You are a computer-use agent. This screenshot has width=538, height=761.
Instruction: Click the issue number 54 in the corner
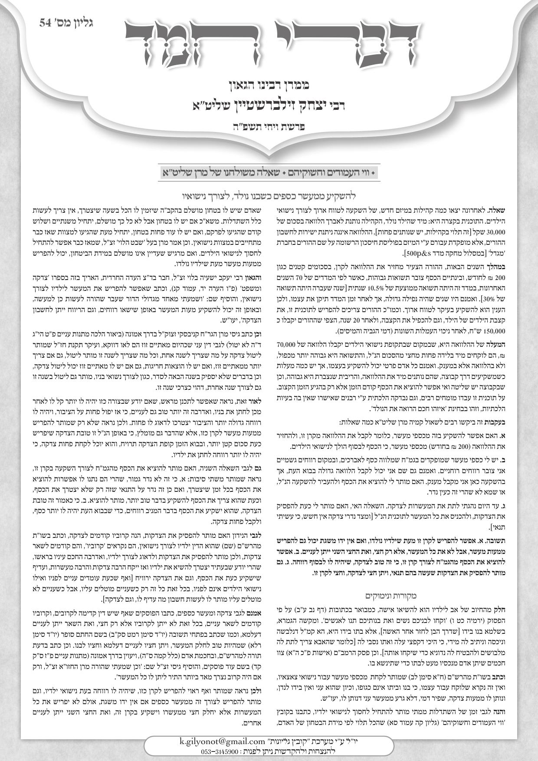click(x=45, y=23)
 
